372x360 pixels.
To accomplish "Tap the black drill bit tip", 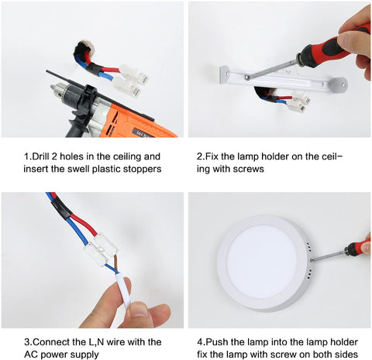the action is [x=47, y=70].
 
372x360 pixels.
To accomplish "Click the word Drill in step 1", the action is [x=40, y=156].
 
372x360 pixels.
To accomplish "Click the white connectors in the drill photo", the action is [x=131, y=79].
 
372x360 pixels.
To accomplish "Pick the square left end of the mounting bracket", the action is [x=225, y=75].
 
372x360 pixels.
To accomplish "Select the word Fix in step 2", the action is [x=212, y=156].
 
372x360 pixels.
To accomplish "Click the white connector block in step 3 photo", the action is [x=101, y=250].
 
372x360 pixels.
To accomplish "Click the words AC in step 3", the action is [x=31, y=355].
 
